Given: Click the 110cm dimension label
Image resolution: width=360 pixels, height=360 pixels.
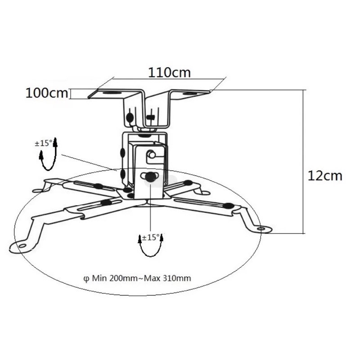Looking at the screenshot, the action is point(170,72).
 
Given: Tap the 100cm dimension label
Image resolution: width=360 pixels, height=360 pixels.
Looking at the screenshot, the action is point(47,94).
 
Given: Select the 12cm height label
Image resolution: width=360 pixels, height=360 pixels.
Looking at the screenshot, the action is point(325,176).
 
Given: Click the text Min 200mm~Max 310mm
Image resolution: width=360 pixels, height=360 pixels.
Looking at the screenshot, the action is point(141,278).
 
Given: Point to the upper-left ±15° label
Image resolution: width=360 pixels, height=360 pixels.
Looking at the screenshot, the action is point(44,144).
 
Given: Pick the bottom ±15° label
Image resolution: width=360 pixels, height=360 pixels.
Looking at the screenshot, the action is point(151,238).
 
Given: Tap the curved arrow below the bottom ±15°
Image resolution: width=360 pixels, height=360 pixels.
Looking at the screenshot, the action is point(151,249).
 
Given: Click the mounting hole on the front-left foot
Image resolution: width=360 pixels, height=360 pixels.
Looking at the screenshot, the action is point(22,246).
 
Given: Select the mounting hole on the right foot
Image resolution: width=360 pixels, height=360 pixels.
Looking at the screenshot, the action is point(261,229).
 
